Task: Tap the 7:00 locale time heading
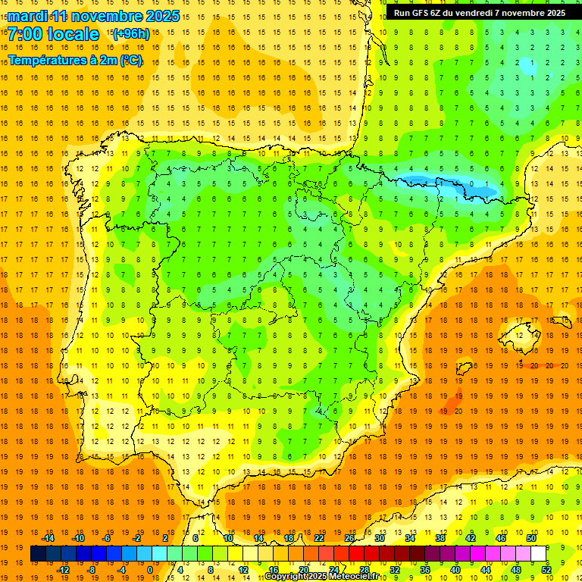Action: click(53, 34)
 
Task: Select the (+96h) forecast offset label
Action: click(131, 34)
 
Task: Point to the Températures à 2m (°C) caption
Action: click(75, 60)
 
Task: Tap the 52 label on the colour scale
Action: click(546, 570)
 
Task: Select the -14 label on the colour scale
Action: click(48, 538)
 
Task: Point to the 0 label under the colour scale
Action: click(150, 570)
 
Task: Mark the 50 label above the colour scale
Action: click(531, 538)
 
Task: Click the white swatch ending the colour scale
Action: click(538, 554)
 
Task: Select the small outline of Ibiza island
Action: click(463, 369)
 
